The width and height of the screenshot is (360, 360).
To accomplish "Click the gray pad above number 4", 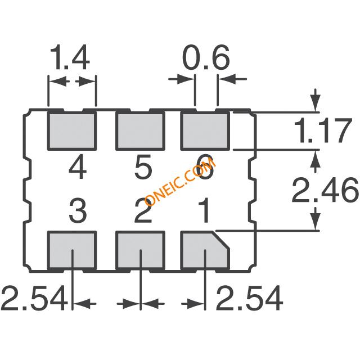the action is [72, 131].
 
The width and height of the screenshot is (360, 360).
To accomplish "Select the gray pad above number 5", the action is [140, 131].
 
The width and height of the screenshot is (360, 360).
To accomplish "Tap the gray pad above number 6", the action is [205, 131].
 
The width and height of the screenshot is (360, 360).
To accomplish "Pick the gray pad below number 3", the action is [72, 250].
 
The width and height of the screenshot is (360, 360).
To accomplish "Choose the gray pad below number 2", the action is [140, 250].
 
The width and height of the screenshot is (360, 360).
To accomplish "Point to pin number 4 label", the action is [78, 167].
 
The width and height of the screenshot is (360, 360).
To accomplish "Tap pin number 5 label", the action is [143, 167].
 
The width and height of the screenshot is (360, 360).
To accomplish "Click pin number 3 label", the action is [78, 211].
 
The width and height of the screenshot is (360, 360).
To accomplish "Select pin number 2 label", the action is [143, 211].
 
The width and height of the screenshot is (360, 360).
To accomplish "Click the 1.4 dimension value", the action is [70, 57].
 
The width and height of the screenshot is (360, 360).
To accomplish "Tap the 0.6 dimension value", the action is [206, 57].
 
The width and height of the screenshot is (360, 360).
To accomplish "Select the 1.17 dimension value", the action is [322, 130].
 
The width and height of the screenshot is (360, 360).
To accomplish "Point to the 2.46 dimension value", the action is [325, 190].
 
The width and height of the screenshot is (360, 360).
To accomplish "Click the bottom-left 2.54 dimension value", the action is [34, 298].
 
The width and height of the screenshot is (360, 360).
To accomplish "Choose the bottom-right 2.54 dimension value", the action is [250, 298].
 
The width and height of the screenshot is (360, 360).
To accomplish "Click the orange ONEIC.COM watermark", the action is [180, 182].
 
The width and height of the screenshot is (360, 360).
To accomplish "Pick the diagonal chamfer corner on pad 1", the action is [221, 240].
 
